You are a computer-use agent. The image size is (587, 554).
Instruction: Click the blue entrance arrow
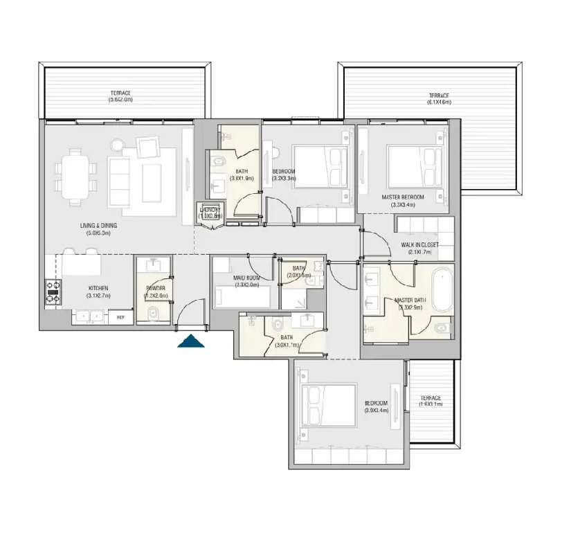tap(192, 341)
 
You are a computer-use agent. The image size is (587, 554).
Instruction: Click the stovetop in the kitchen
tap(53, 292)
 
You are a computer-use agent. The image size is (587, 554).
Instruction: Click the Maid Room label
tap(246, 278)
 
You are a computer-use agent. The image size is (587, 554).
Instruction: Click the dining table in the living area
tap(75, 176)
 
